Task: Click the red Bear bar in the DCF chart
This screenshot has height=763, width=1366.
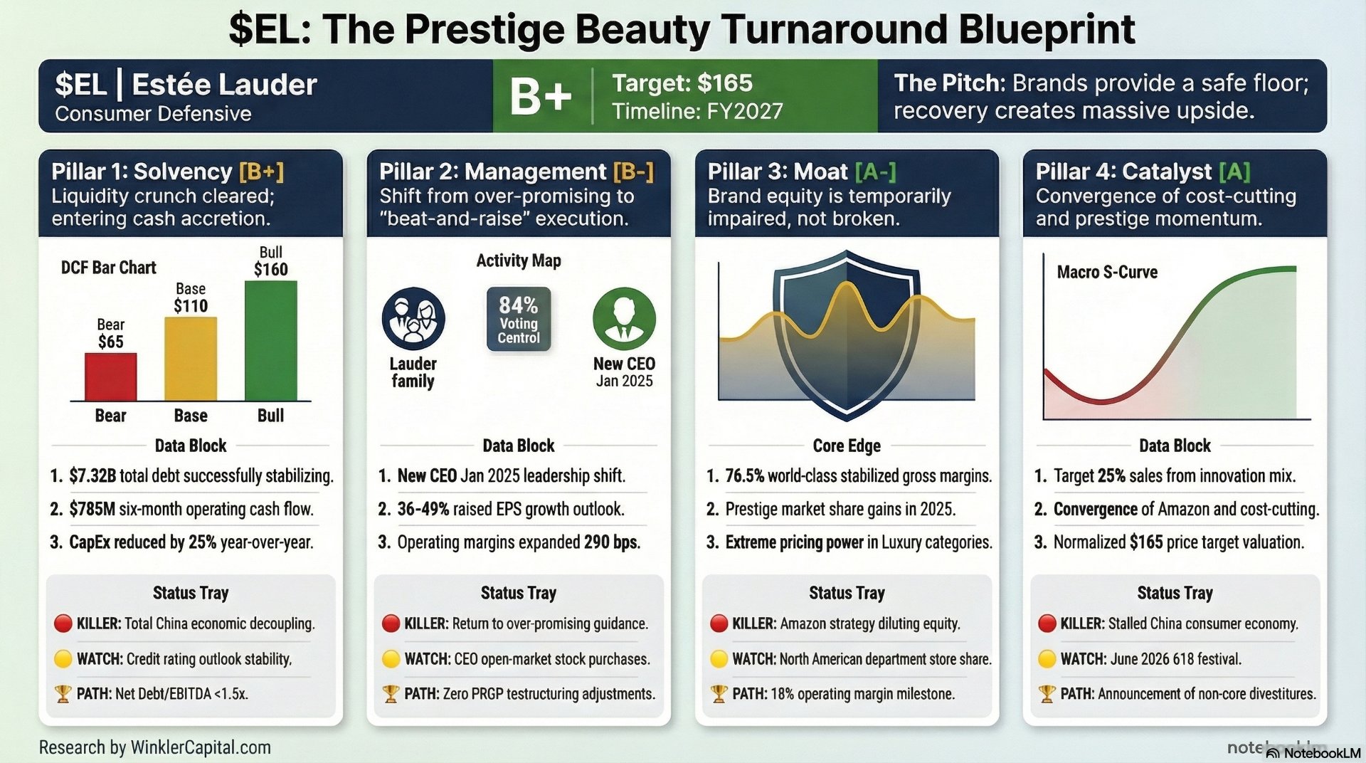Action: click(110, 377)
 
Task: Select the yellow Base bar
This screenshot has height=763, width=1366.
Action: click(191, 359)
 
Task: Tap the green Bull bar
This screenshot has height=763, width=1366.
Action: click(270, 341)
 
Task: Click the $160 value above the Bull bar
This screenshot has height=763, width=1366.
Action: click(271, 270)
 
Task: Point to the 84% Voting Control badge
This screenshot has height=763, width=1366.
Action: click(519, 319)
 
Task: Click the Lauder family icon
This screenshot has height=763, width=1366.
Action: click(413, 319)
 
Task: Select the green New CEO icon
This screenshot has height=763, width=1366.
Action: click(624, 319)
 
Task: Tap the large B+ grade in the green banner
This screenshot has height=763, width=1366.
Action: click(541, 97)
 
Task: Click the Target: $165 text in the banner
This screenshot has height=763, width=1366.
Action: click(682, 83)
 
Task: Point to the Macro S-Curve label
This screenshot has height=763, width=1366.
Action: click(1107, 272)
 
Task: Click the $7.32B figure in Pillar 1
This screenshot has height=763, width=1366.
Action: click(92, 475)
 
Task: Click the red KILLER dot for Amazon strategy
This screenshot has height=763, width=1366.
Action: click(719, 623)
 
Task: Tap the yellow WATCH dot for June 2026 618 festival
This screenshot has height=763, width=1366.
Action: click(1047, 658)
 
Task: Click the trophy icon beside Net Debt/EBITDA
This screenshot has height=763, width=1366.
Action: click(63, 693)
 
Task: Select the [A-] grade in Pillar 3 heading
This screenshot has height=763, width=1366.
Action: click(875, 172)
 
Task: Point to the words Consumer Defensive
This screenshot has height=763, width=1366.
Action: click(153, 114)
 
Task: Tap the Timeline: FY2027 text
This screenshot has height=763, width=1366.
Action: click(697, 112)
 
